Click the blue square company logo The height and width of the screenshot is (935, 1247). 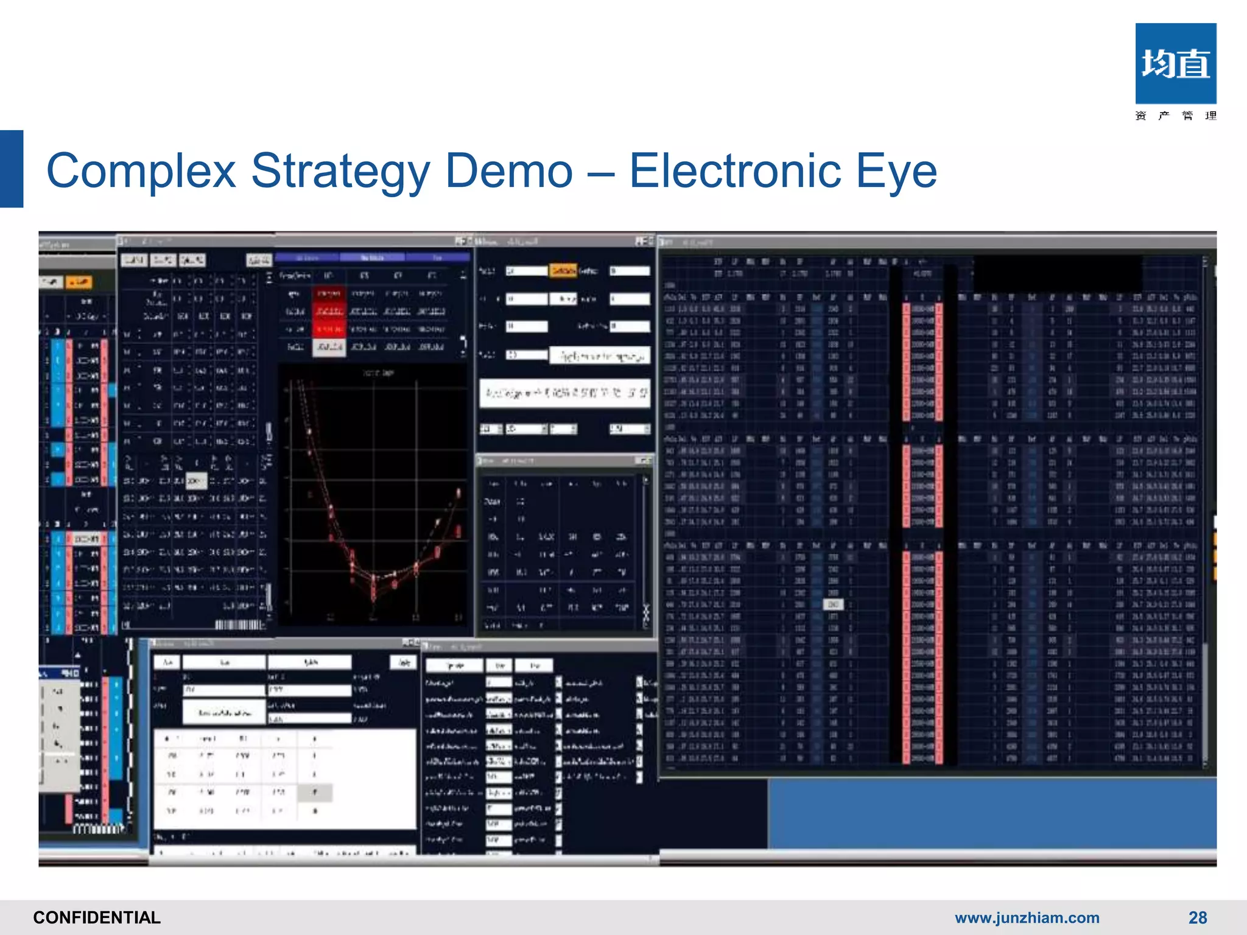(1175, 63)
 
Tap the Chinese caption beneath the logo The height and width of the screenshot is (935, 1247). (1175, 116)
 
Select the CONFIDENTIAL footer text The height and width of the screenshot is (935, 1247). (97, 917)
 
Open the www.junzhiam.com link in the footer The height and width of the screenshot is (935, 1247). (1027, 917)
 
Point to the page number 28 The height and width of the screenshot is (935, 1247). (1197, 917)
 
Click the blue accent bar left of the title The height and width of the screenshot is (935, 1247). (11, 169)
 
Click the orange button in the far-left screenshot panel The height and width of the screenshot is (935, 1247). (79, 282)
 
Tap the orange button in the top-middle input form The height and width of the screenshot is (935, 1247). (563, 270)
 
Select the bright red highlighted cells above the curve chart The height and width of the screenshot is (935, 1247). (329, 311)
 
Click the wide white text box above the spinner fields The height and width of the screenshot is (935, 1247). (564, 393)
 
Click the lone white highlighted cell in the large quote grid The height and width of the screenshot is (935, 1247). (833, 604)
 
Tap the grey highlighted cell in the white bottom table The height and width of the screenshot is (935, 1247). (315, 793)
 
